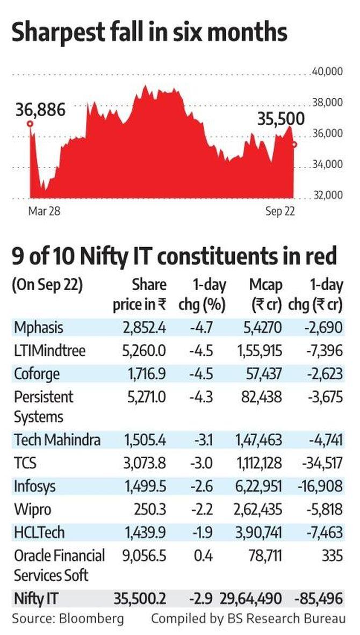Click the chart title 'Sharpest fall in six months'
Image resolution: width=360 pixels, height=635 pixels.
point(149,33)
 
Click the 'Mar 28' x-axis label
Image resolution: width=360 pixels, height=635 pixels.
point(44,211)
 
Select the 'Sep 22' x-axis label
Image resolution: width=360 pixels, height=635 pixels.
point(280,211)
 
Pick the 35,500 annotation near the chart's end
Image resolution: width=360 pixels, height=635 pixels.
point(281,119)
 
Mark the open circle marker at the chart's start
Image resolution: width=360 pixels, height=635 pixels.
point(30,124)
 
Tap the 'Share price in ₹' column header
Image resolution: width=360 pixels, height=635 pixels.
point(140,294)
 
